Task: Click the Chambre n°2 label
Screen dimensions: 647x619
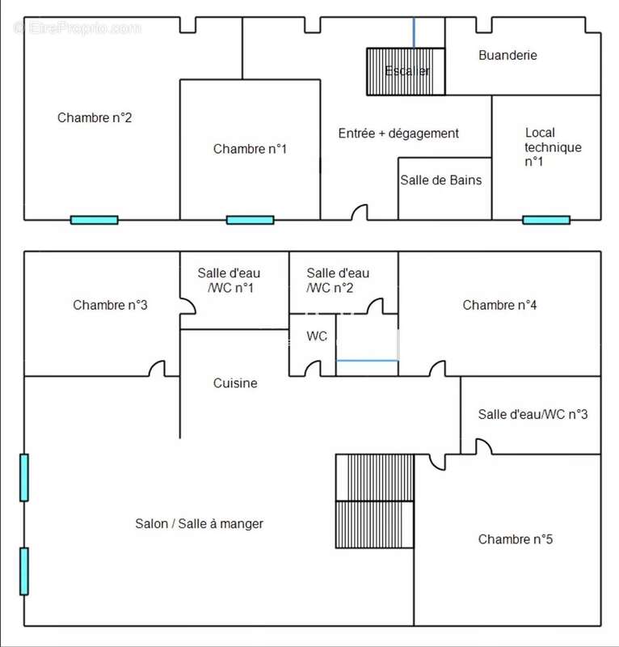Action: click(95, 118)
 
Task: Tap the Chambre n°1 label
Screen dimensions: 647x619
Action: click(250, 149)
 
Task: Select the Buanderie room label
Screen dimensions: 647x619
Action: click(507, 56)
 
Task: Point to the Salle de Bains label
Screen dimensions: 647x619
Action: click(440, 180)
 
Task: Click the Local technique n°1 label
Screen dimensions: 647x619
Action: click(552, 146)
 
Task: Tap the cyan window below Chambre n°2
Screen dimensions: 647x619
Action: click(94, 219)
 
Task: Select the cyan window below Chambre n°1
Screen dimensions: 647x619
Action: click(250, 219)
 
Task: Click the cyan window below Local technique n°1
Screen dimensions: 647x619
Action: click(545, 219)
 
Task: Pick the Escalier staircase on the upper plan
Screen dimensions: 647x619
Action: click(406, 72)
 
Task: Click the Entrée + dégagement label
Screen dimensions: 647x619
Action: click(398, 133)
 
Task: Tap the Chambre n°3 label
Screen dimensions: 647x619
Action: click(110, 305)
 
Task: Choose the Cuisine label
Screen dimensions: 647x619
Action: click(235, 383)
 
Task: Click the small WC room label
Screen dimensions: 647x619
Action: click(317, 336)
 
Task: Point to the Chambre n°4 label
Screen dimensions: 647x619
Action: click(499, 305)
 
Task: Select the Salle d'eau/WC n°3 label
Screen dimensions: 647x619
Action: click(533, 414)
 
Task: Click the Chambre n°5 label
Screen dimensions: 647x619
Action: click(516, 539)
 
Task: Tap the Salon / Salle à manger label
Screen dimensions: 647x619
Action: click(199, 523)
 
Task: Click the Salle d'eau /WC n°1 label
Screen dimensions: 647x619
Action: click(229, 281)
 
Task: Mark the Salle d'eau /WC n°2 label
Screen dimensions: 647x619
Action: click(339, 281)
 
